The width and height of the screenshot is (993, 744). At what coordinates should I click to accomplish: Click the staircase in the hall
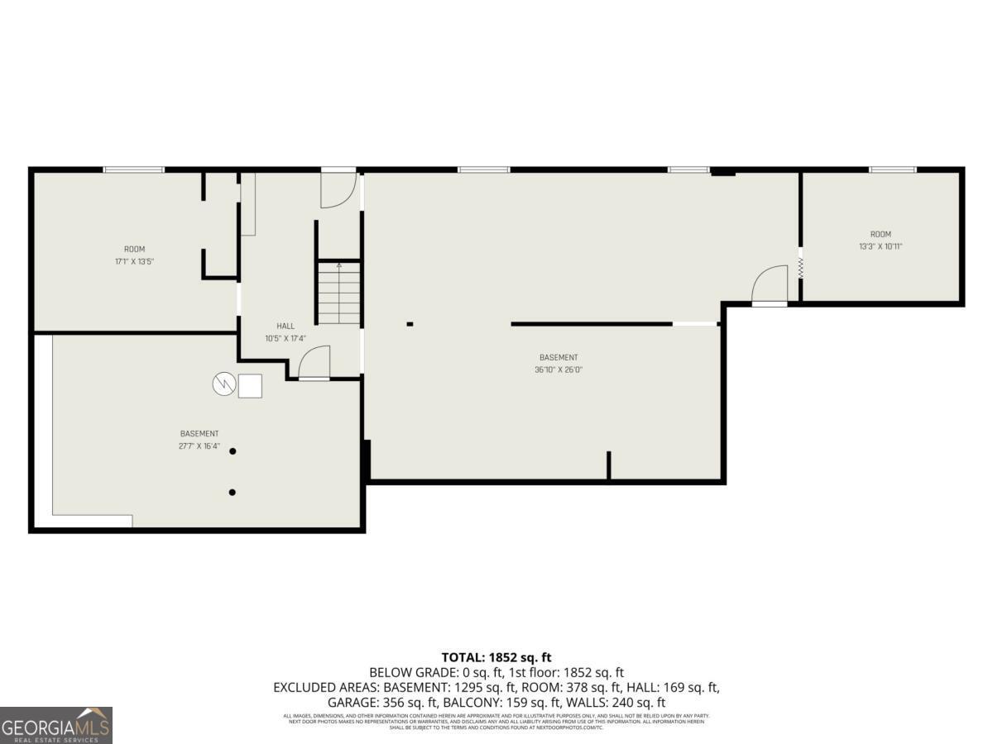click(339, 293)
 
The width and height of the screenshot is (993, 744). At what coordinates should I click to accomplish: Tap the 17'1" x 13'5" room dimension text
click(134, 261)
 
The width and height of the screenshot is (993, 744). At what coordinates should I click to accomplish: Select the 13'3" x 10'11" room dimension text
click(880, 246)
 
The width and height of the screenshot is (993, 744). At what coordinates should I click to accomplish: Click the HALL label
click(285, 326)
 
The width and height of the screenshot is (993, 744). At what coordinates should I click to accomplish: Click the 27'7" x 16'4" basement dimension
click(199, 446)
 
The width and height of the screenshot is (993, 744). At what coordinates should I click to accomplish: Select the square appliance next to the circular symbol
click(250, 386)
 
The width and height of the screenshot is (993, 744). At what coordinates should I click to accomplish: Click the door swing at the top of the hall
click(338, 189)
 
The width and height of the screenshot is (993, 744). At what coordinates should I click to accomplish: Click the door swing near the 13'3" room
click(770, 285)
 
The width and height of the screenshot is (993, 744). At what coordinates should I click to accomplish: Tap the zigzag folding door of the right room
click(800, 267)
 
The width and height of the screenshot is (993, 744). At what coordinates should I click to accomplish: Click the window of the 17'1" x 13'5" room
click(134, 170)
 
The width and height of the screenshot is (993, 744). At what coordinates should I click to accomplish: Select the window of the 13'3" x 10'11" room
click(892, 170)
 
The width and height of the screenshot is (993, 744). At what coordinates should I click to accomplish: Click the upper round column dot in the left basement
click(233, 451)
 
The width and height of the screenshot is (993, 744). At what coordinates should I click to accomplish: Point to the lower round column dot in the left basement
click(233, 493)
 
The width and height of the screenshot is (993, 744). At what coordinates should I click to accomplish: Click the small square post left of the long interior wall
click(410, 324)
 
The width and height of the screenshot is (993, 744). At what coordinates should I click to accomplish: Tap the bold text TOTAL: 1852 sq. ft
click(496, 657)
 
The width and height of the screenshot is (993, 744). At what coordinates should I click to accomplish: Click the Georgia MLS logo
click(56, 725)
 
